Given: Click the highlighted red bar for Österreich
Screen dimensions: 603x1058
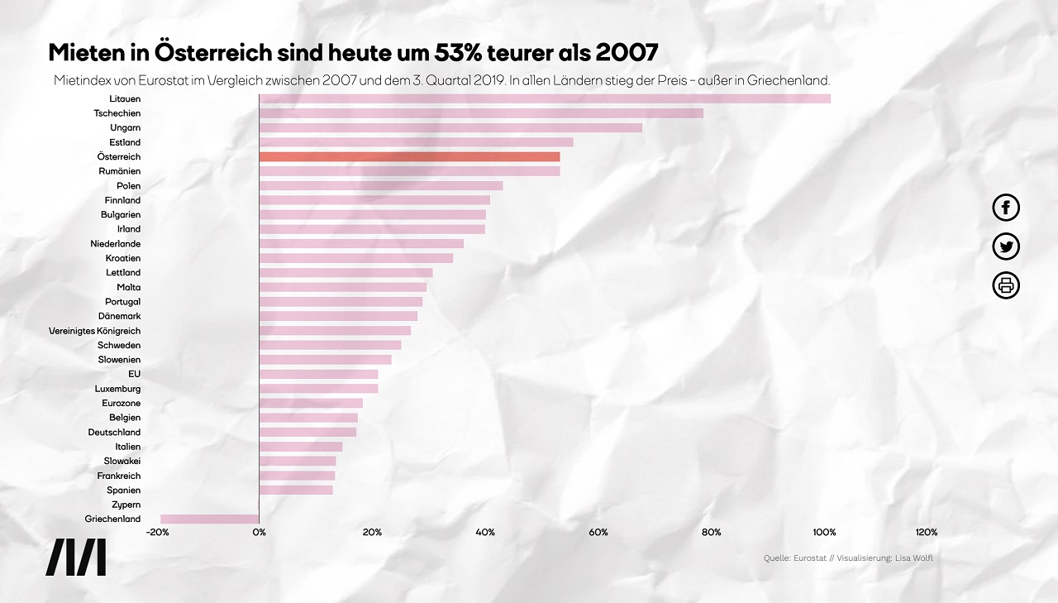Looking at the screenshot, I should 409,157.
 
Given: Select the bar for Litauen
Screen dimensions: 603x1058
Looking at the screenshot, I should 545,99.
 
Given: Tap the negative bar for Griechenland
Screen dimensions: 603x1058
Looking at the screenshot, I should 210,519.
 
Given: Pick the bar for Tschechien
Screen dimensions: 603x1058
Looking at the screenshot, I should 481,113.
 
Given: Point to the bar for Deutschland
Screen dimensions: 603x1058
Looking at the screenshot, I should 307,432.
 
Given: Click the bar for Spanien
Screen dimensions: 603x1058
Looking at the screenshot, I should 296,491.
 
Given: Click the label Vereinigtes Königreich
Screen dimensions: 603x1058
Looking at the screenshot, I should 94,331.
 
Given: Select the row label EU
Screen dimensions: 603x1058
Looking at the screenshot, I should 134,374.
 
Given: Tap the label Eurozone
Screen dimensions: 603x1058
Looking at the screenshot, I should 121,403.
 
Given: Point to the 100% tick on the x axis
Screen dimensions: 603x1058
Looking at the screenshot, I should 824,532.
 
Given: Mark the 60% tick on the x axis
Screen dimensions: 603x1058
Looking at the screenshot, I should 598,532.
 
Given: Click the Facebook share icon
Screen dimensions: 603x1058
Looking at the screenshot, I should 1006,208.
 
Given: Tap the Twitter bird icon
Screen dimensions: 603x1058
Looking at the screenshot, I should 1006,246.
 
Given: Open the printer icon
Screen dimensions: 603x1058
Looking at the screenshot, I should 1006,285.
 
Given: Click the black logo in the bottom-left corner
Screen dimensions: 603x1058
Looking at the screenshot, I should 75,558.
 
